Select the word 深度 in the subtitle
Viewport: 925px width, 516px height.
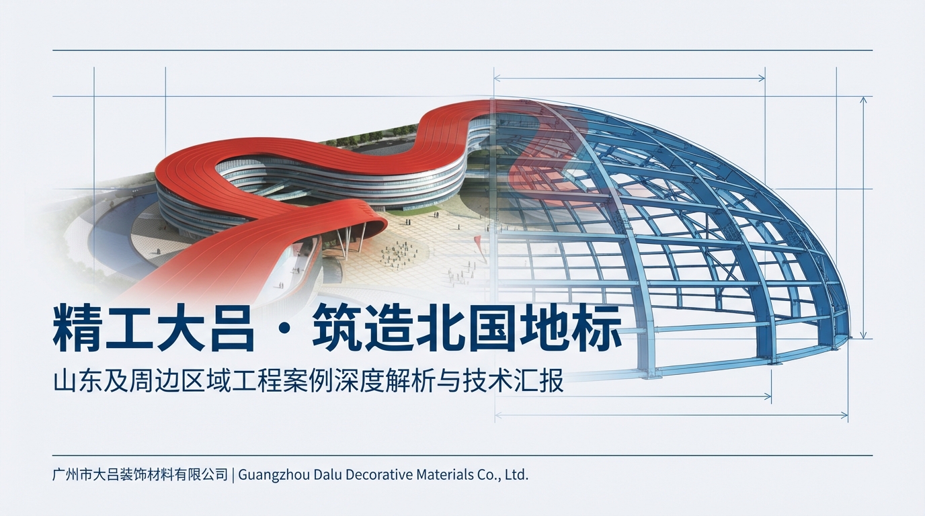click(x=372, y=382)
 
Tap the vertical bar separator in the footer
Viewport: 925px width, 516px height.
click(x=233, y=474)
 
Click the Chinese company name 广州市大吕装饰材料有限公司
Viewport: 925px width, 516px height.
click(x=140, y=474)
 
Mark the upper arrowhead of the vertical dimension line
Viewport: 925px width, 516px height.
click(x=863, y=99)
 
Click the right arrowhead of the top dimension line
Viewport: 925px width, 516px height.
click(x=762, y=78)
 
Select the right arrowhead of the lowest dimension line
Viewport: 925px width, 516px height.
click(x=844, y=415)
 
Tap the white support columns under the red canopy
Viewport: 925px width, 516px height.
click(x=350, y=239)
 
